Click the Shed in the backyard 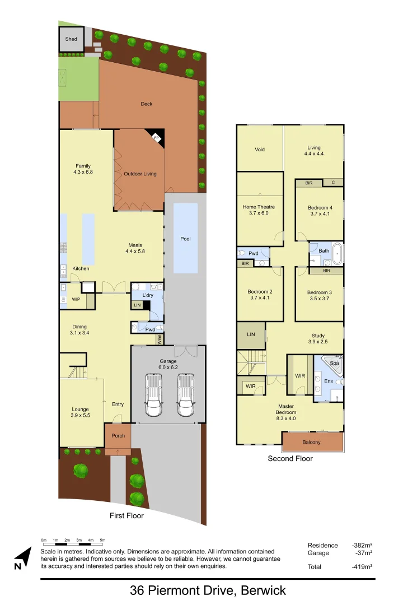[71, 39]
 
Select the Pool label [185, 239]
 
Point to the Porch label [118, 436]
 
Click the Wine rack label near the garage [160, 338]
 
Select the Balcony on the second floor [312, 443]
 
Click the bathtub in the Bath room [338, 254]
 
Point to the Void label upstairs [260, 150]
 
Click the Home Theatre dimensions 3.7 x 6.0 [259, 213]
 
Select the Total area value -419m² [362, 566]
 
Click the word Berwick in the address [260, 590]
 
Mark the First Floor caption [127, 516]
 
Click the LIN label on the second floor [251, 334]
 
